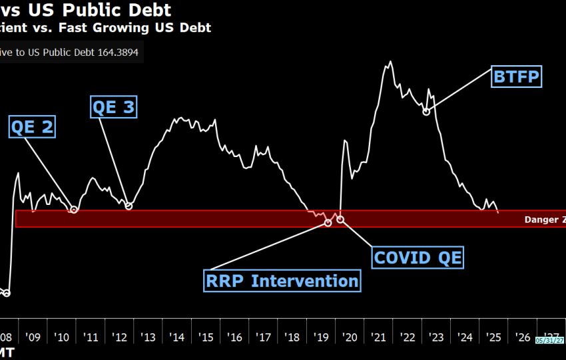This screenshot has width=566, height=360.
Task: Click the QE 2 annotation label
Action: [32, 126]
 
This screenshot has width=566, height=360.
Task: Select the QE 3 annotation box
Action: [113, 106]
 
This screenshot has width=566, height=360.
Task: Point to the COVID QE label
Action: [418, 257]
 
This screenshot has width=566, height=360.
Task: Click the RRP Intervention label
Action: [282, 280]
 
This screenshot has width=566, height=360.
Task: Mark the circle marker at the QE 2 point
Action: [74, 210]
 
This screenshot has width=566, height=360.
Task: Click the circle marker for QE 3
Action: [129, 206]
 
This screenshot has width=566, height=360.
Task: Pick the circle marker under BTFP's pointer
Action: [426, 111]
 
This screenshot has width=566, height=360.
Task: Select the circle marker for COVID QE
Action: [340, 219]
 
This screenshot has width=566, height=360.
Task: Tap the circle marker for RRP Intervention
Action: [328, 223]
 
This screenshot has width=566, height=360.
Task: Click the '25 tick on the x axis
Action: [493, 337]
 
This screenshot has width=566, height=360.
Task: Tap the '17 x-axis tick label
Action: [264, 337]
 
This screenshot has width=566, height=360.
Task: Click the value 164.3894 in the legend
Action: [117, 53]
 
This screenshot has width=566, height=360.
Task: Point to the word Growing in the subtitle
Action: [121, 27]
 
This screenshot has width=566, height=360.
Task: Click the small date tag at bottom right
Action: [549, 340]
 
